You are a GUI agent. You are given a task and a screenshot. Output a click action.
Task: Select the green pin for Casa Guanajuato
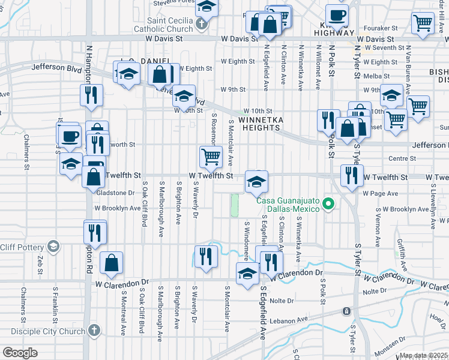tap(328, 205)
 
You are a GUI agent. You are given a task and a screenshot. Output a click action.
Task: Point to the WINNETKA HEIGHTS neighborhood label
tap(267, 123)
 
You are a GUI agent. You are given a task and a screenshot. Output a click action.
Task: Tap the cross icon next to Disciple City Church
tap(94, 330)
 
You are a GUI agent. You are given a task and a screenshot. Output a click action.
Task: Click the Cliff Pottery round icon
tap(53, 246)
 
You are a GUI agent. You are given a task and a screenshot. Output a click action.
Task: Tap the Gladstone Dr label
tap(116, 193)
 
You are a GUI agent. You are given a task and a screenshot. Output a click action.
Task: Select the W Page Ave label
tap(380, 193)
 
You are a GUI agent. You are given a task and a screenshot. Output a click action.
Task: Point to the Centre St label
tap(398, 158)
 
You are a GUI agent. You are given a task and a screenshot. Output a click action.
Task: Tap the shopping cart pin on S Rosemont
tap(210, 157)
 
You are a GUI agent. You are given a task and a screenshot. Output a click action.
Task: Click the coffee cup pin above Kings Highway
tap(337, 15)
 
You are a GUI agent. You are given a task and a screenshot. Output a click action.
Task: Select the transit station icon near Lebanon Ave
tap(346, 311)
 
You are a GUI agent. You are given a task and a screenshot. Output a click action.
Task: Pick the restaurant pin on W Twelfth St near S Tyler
tap(350, 175)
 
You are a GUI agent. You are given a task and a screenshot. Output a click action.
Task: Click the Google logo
tap(20, 352)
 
